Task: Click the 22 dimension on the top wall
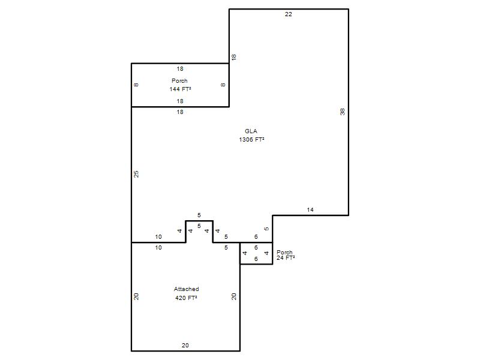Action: pos(289,14)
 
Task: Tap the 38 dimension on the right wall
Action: pos(343,112)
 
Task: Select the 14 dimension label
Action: pos(310,209)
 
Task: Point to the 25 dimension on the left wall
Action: pos(137,174)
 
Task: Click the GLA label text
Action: pos(251,131)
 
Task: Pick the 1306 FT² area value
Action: pos(251,140)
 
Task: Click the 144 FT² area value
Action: pos(181,89)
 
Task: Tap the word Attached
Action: pos(187,289)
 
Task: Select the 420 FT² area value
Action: pos(186,298)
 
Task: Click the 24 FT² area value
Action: pos(286,258)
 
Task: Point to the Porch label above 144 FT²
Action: pos(179,81)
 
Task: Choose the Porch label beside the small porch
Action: pos(284,252)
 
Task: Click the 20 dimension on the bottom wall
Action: pos(185,346)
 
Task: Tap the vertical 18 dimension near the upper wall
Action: pos(234,57)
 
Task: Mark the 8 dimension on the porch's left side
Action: pos(137,85)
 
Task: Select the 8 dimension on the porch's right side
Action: pos(223,85)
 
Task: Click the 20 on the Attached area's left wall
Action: pos(137,296)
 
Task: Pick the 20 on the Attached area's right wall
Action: pos(234,296)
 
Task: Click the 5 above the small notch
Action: pos(199,215)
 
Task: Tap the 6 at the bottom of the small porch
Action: pos(256,259)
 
